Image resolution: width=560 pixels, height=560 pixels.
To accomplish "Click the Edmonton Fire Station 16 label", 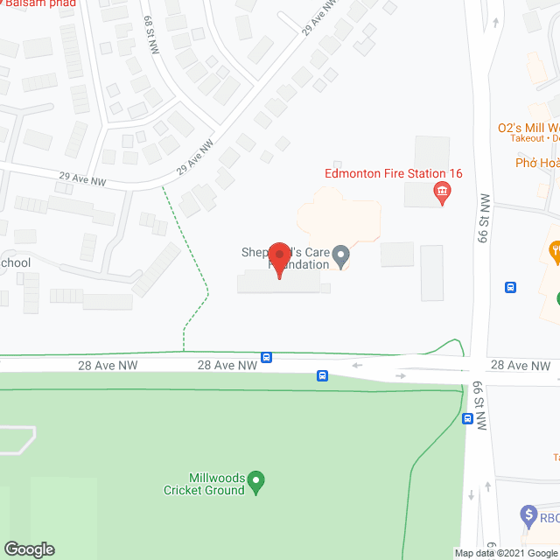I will tap(393, 173).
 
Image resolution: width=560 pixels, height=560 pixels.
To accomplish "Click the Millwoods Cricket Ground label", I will tap(204, 484).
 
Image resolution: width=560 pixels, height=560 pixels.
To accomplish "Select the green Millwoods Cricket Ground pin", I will tap(256, 479).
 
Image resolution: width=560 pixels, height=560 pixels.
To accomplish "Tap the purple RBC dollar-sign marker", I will tap(528, 515).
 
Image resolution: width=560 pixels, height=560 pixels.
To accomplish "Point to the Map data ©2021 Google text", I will tap(507, 553).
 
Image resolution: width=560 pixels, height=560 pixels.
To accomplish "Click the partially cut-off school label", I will tap(16, 262).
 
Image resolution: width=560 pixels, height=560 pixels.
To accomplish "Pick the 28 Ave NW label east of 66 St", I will tap(520, 365).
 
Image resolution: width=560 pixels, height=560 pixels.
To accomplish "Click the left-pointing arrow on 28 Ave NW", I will tap(356, 365).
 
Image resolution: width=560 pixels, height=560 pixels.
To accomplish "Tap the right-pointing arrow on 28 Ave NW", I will tap(400, 375).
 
